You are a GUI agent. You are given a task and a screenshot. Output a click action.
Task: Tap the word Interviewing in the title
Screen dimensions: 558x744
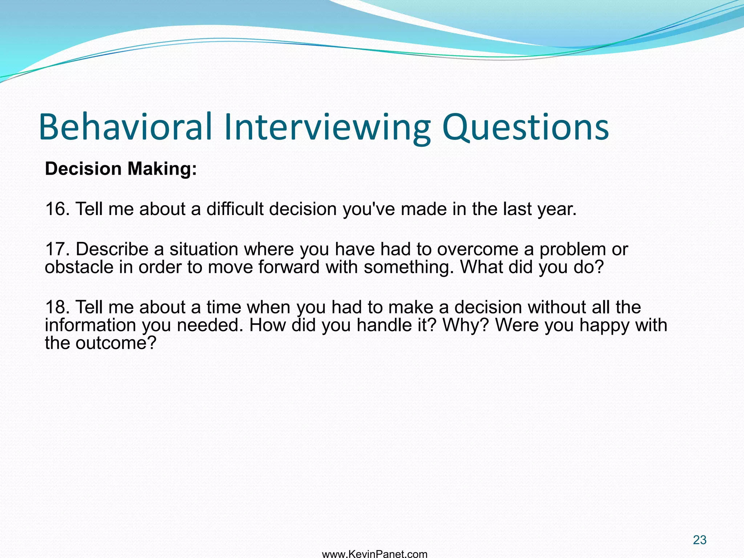point(327,127)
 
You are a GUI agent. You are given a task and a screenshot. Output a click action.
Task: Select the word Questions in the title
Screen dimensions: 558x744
point(525,127)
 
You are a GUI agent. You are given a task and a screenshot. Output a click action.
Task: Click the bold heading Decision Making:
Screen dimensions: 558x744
point(121,169)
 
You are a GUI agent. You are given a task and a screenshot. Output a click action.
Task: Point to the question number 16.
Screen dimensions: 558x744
point(57,209)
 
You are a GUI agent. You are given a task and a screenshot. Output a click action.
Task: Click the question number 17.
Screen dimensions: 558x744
point(57,249)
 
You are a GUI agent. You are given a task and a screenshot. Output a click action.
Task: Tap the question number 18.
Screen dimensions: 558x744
point(57,307)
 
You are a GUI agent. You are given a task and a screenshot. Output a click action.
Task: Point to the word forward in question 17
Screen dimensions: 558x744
point(289,267)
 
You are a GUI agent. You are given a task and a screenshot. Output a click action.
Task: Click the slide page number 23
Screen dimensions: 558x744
point(699,540)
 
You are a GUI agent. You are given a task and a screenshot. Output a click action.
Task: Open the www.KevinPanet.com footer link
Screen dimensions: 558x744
point(375,554)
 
